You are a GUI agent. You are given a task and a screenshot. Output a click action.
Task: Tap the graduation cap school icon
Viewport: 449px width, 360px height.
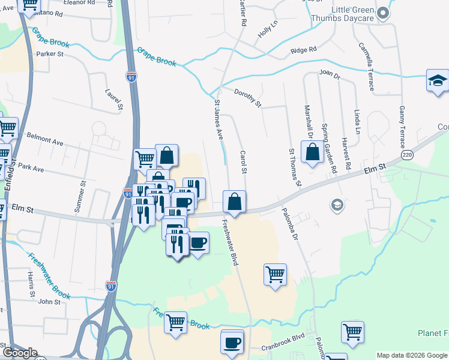438,81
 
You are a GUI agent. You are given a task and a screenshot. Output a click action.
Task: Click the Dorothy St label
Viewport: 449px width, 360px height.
248,97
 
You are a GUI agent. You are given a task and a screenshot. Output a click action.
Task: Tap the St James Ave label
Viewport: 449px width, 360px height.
218,120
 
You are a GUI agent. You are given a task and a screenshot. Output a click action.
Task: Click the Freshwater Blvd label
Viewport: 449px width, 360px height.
231,244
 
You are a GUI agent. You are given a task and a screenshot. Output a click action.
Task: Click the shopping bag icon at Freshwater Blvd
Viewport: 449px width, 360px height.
234,202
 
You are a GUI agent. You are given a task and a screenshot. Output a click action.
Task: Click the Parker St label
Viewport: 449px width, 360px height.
50,54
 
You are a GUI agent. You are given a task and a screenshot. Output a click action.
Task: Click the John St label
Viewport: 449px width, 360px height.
49,301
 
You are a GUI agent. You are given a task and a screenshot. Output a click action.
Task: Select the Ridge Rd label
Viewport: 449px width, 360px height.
303,51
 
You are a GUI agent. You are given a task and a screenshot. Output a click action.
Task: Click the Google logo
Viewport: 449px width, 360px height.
20,353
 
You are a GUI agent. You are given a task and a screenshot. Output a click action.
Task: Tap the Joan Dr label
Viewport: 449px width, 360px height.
330,76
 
